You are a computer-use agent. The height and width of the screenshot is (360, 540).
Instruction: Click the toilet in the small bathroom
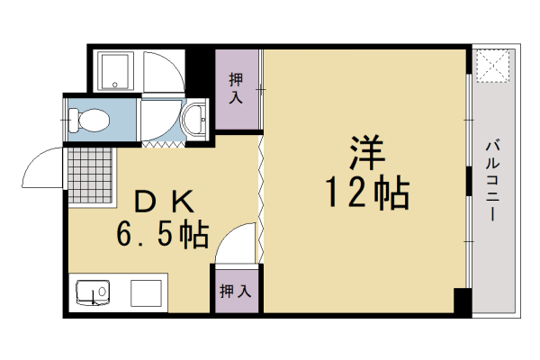pos(88,119)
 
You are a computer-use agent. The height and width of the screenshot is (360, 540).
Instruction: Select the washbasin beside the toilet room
pos(192,119)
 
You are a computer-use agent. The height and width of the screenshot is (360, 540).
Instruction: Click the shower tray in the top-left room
pos(115,71)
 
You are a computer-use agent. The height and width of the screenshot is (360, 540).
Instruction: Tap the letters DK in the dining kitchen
pos(163,200)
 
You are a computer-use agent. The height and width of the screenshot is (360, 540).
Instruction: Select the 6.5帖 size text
pos(163,236)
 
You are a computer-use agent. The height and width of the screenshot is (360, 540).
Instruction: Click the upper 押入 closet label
pos(236,89)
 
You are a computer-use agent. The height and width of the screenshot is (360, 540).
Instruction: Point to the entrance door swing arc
pos(40,166)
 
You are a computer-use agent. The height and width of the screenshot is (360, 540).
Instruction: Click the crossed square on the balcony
pos(493,64)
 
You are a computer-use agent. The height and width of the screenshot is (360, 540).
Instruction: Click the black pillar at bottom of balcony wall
pos(461,301)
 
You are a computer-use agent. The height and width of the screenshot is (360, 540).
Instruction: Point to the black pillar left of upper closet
pos(202,67)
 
